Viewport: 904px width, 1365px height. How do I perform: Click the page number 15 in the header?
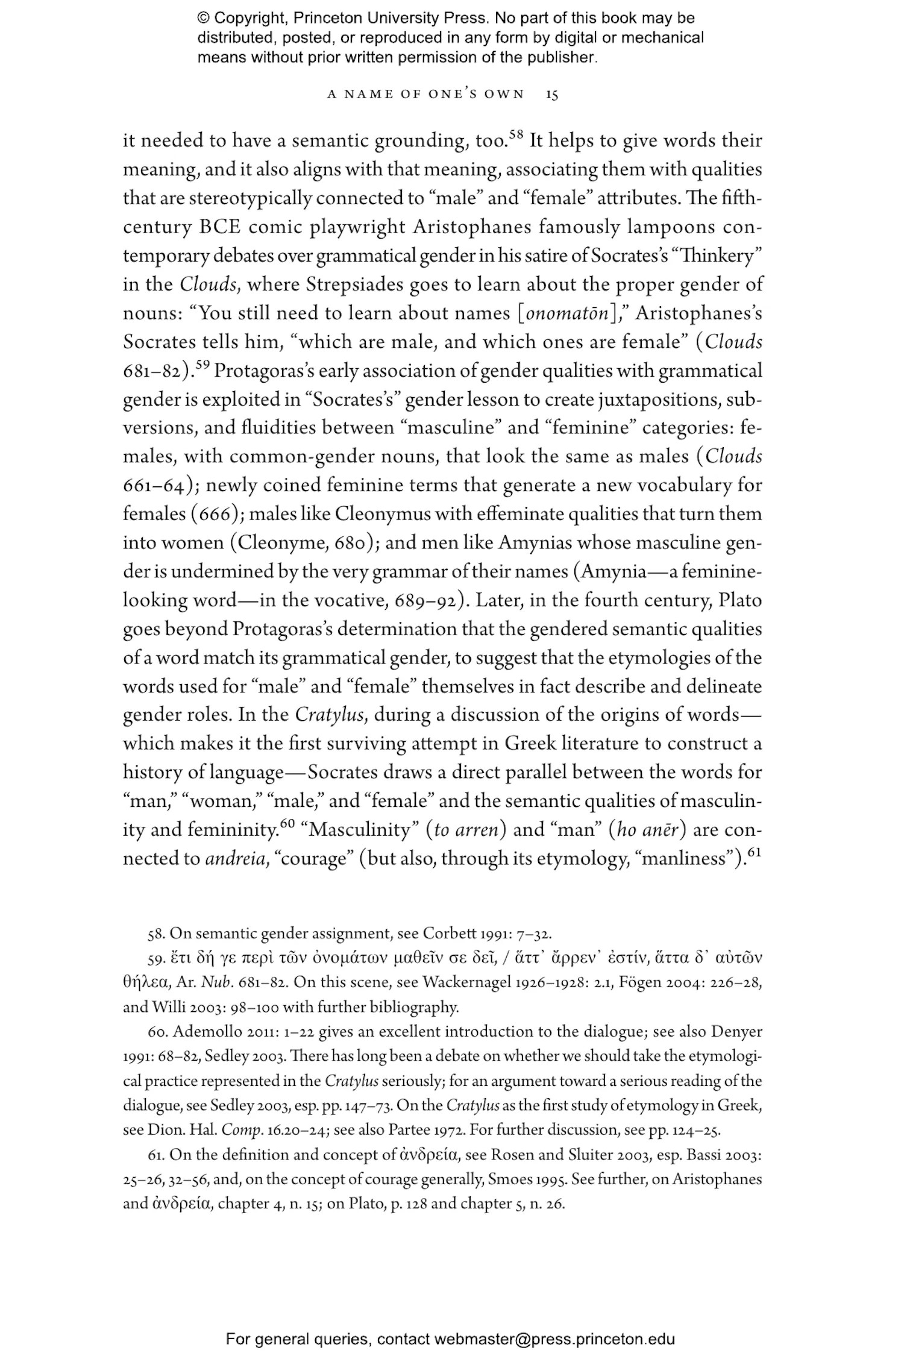point(551,95)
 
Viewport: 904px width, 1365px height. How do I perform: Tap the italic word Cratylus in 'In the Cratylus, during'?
point(331,715)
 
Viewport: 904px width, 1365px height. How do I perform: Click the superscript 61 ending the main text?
point(755,853)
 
